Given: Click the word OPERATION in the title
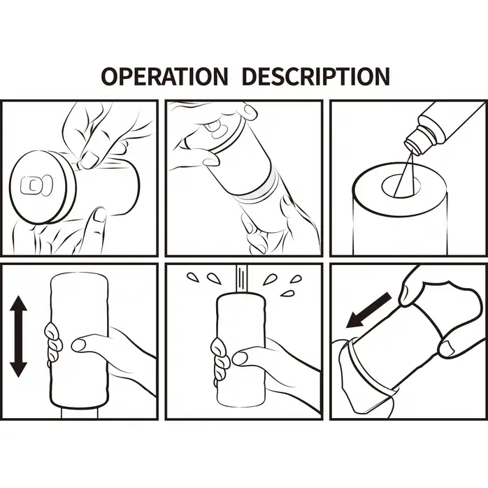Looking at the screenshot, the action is pos(164,76).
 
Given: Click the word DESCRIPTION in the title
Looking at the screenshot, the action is pos(315,76).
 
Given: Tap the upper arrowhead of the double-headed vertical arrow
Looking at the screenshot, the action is pos(19,303).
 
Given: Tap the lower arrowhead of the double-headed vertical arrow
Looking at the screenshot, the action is pos(19,370).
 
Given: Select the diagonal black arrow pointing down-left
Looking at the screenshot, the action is pos(368,310).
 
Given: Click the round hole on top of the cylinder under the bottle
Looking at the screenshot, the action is pos(401,185).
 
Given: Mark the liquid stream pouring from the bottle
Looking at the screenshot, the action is pos(405,172).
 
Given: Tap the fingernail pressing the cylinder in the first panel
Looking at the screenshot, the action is pos(90,159).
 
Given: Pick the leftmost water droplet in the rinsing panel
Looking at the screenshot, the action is pos(193,277).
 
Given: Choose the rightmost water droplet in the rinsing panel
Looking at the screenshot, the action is pos(296,279).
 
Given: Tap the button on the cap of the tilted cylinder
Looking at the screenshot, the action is pos(217,129).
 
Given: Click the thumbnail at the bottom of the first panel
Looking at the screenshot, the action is pos(100,215).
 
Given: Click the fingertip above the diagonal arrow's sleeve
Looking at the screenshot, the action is pos(405,295).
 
